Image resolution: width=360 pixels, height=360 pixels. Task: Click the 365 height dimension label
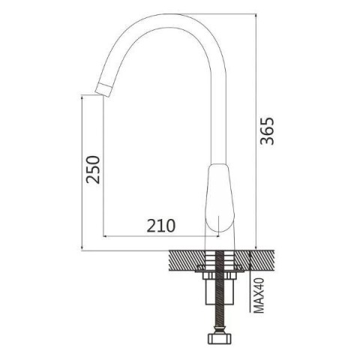click(267, 131)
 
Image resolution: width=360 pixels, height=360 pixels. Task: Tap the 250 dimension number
click(93, 169)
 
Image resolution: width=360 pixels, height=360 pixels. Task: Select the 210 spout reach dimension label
click(161, 226)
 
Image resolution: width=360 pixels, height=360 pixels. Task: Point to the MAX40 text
click(259, 295)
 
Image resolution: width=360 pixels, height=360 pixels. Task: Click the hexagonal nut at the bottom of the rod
click(220, 338)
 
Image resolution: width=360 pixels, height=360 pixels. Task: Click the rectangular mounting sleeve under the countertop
click(220, 292)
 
